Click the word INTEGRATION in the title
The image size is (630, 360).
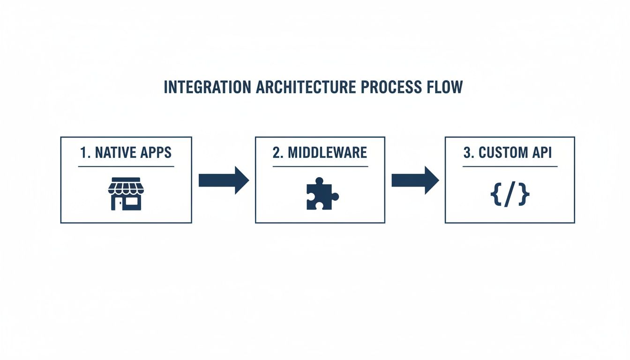pos(204,88)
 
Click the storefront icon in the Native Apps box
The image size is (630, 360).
pos(125,193)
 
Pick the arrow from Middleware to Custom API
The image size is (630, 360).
pos(415,180)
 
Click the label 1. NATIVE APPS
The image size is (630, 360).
pos(126,153)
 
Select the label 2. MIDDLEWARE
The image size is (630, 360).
pos(320,153)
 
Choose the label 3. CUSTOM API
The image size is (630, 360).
pos(510,153)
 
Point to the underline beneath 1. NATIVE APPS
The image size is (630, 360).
pos(126,166)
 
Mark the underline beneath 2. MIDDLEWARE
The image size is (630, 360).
pos(320,166)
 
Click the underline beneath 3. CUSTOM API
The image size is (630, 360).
pos(510,166)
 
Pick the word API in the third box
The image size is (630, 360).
pos(542,153)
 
